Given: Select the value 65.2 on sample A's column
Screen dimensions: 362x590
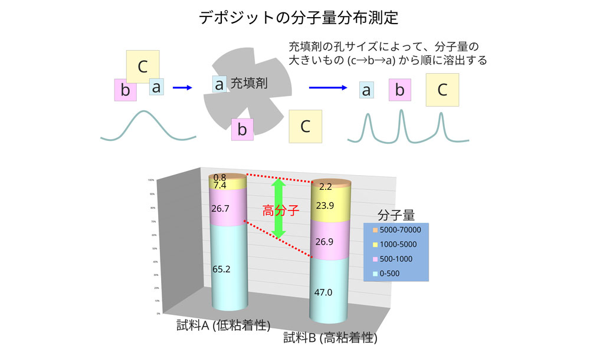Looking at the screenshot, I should [x=222, y=269].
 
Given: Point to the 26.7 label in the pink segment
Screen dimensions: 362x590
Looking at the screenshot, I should [x=220, y=208].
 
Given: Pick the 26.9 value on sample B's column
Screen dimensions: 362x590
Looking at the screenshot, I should [x=324, y=242].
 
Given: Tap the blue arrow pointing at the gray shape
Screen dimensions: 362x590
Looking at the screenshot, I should [x=182, y=88].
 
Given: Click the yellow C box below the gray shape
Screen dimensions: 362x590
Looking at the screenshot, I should [x=305, y=126].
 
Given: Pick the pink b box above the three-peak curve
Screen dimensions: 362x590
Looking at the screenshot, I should [x=399, y=91].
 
